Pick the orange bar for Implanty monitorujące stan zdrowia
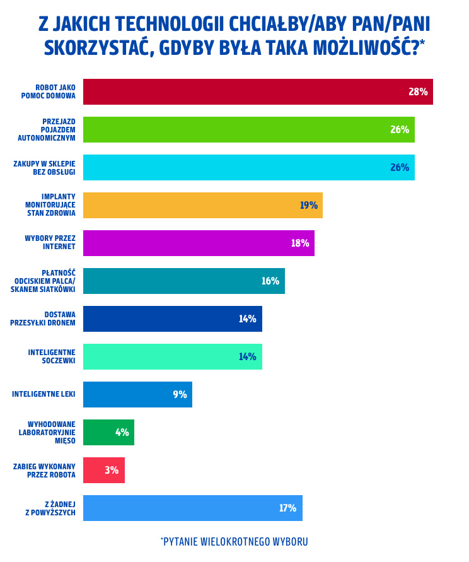(x=202, y=205)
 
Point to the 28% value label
(x=418, y=91)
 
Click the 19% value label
(x=309, y=205)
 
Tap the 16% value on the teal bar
(x=270, y=281)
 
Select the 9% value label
(x=180, y=394)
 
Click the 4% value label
(x=122, y=432)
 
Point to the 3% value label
(x=112, y=470)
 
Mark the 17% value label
(x=288, y=508)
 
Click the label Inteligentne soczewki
(x=52, y=356)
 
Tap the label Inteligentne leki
(x=43, y=394)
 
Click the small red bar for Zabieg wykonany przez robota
(x=104, y=470)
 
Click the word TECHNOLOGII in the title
(x=164, y=23)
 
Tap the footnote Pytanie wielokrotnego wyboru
(x=234, y=542)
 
